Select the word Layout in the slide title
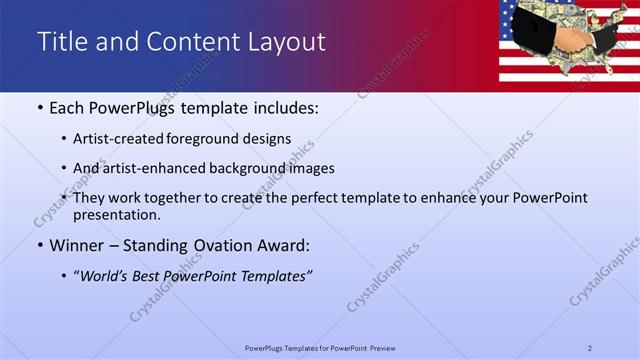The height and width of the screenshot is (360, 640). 285,42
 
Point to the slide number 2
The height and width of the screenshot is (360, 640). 590,347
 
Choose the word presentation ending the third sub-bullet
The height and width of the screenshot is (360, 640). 115,214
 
